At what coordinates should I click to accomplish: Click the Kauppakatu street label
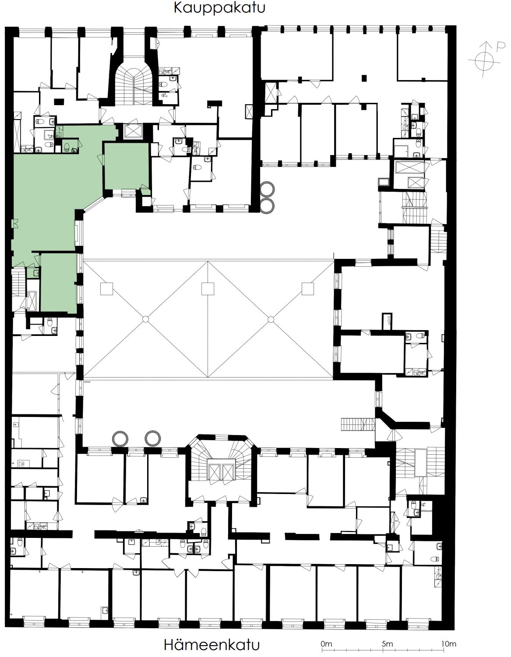pos(219,8)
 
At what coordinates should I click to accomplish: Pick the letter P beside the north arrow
pos(501,46)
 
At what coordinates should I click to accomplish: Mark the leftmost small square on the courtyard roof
pos(106,289)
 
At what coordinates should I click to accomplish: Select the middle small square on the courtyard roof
pos(208,289)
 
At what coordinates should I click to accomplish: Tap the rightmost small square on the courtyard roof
pos(308,289)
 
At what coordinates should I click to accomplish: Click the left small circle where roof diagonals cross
pos(145,319)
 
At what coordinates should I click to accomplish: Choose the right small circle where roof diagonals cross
pos(271,319)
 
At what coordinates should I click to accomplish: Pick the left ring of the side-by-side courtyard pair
pos(120,438)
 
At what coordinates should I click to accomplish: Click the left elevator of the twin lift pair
pos(214,471)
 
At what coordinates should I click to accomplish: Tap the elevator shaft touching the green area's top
pos(132,131)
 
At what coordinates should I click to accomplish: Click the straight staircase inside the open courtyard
pos(358,425)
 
